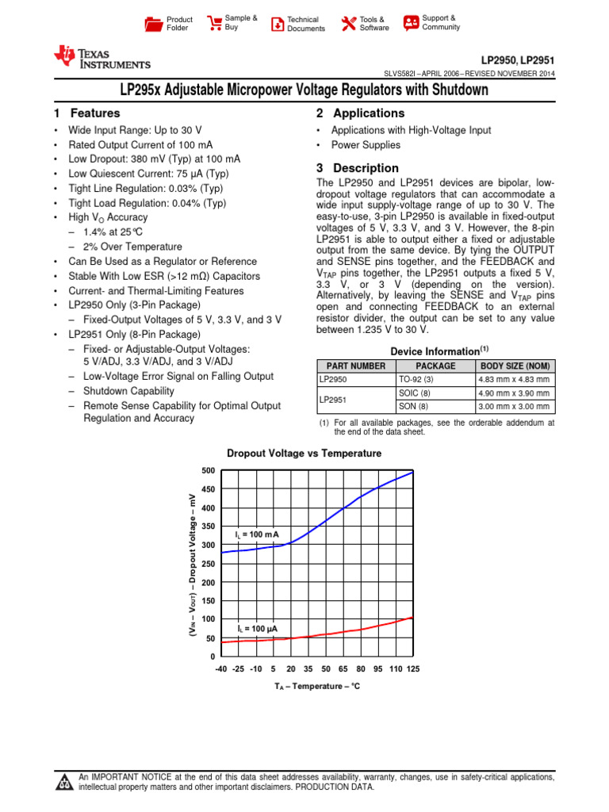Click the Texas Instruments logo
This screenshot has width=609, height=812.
click(x=101, y=58)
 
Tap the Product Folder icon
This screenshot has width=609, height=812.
click(x=154, y=24)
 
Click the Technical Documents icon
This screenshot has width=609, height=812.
click(x=278, y=24)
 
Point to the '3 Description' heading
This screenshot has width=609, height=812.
click(x=357, y=168)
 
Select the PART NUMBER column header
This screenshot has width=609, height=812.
click(x=352, y=366)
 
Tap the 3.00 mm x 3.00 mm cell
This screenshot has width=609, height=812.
click(x=515, y=406)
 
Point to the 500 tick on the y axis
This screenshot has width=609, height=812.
click(x=209, y=471)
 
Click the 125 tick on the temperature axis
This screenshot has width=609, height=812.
click(x=412, y=669)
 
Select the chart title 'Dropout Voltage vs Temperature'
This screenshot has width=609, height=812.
click(x=304, y=454)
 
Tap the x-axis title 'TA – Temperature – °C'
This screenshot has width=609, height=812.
click(x=316, y=686)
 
